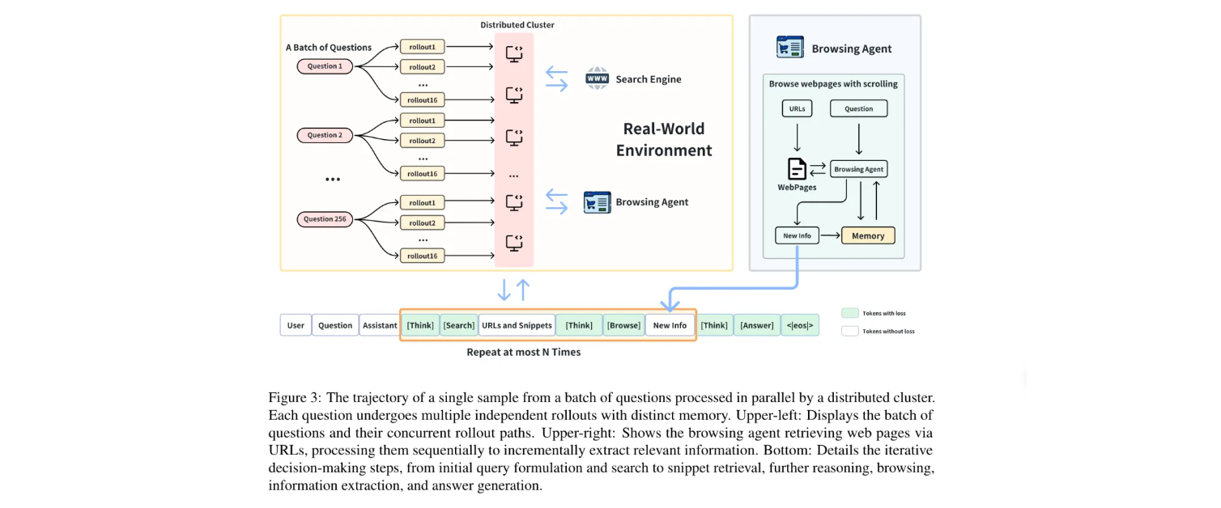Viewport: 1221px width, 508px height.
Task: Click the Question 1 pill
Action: pyautogui.click(x=324, y=66)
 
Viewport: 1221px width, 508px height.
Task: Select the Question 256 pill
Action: pyautogui.click(x=324, y=219)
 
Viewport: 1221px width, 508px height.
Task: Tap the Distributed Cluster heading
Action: pyautogui.click(x=517, y=25)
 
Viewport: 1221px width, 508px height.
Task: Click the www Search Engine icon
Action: pyautogui.click(x=597, y=79)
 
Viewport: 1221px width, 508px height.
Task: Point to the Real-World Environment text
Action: pyautogui.click(x=663, y=139)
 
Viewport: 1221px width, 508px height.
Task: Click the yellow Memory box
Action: pyautogui.click(x=868, y=235)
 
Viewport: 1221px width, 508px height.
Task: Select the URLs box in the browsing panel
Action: pyautogui.click(x=797, y=108)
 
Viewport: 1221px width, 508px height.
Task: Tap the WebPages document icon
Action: pyautogui.click(x=797, y=169)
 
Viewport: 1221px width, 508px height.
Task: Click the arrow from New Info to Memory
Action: pyautogui.click(x=831, y=235)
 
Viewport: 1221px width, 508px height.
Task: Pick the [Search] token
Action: pyautogui.click(x=459, y=325)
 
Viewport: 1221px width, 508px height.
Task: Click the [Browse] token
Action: pyautogui.click(x=623, y=325)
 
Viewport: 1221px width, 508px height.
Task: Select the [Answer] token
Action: pyautogui.click(x=756, y=325)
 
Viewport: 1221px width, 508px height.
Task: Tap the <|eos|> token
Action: pyautogui.click(x=800, y=325)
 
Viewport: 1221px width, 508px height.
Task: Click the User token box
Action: pyautogui.click(x=296, y=325)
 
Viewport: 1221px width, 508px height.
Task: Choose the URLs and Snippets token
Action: pyautogui.click(x=517, y=325)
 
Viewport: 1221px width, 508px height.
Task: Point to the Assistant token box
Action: pyautogui.click(x=379, y=325)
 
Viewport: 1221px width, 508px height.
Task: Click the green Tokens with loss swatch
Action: pyautogui.click(x=849, y=313)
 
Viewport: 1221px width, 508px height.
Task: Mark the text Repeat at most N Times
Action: pyautogui.click(x=523, y=353)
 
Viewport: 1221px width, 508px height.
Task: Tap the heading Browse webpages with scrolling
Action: pyautogui.click(x=833, y=84)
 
